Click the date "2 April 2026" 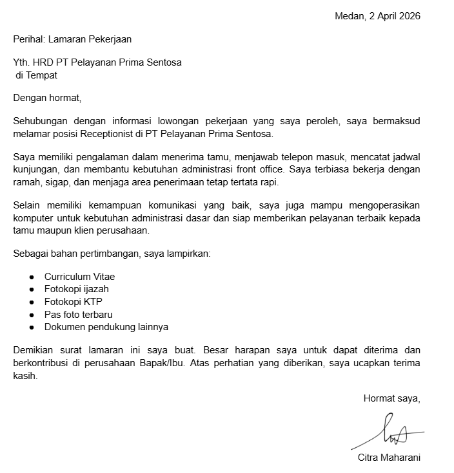pyautogui.click(x=395, y=16)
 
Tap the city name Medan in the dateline pyautogui.click(x=349, y=16)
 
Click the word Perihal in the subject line pyautogui.click(x=28, y=39)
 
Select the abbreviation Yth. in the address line pyautogui.click(x=21, y=62)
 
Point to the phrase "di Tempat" pyautogui.click(x=37, y=75)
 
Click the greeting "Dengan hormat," pyautogui.click(x=48, y=98)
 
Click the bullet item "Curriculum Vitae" pyautogui.click(x=79, y=277)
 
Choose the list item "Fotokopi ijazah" pyautogui.click(x=76, y=289)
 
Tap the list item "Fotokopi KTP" pyautogui.click(x=73, y=301)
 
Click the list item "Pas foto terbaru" pyautogui.click(x=78, y=314)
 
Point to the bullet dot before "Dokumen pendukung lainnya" pyautogui.click(x=32, y=327)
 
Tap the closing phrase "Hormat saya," pyautogui.click(x=391, y=399)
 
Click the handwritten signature pyautogui.click(x=390, y=432)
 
